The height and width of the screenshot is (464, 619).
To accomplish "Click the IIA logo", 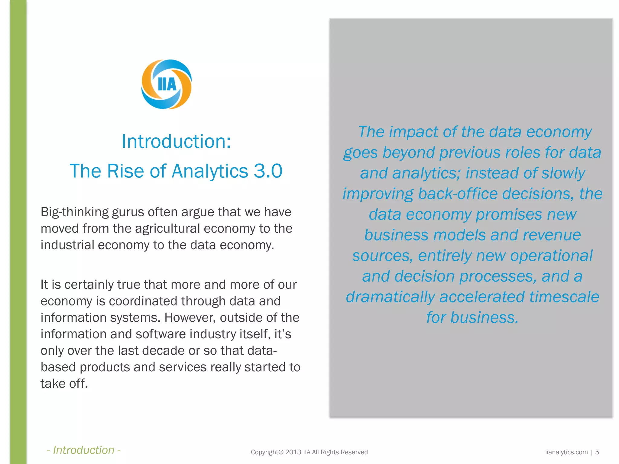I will coord(167,84).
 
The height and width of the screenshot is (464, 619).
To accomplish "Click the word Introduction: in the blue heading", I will coord(176,141).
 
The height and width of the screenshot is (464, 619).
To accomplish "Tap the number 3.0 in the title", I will coord(268,171).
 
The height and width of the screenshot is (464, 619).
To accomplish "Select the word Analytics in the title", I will coord(210,171).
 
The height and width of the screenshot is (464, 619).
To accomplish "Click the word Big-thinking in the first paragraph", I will coord(74,212).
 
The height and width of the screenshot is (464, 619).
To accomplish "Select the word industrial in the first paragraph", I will coord(67,245).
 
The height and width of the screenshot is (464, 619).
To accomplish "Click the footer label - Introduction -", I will coord(84,450).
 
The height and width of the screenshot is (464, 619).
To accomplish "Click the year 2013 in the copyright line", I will coord(293,452).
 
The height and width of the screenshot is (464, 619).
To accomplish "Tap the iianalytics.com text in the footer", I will coord(566,452).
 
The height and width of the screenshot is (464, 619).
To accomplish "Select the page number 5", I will coord(597,452).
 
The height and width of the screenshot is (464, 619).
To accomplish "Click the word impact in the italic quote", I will coord(413,132).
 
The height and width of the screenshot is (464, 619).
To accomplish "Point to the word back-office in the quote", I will coord(458,194).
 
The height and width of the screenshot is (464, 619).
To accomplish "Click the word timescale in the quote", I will coord(564,297).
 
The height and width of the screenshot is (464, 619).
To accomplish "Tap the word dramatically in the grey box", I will coord(390,297).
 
